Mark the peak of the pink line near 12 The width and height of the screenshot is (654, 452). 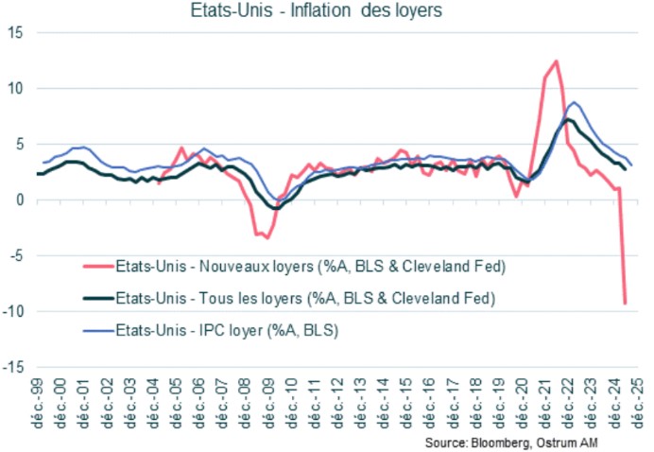coord(556,61)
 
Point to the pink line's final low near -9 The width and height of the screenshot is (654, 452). coord(626,303)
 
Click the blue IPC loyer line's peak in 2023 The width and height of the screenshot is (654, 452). coord(575,102)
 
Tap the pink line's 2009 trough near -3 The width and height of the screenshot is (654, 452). coord(266,236)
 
